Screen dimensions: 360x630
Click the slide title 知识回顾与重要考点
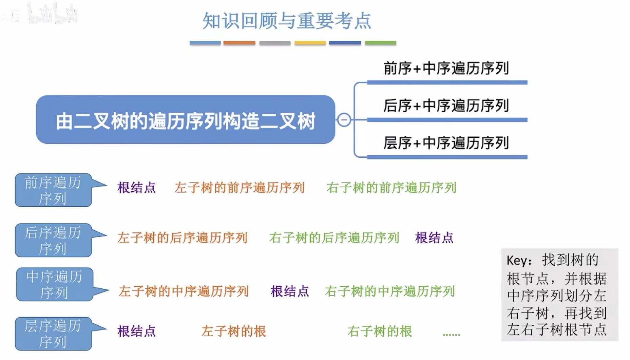[x=287, y=21]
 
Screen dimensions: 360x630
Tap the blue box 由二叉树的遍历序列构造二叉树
[x=185, y=120]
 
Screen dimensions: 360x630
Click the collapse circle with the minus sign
[x=344, y=120]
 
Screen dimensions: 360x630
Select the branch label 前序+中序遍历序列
[x=446, y=68]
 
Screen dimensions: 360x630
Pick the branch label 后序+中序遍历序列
[x=446, y=106]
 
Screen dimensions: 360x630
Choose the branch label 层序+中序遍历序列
[x=446, y=143]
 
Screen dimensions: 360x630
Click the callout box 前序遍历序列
[x=53, y=190]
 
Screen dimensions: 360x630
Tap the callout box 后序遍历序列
[x=53, y=240]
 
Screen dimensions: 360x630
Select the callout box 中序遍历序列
[x=54, y=284]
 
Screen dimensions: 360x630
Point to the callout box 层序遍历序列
[x=53, y=334]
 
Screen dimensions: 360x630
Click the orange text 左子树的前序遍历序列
[x=240, y=188]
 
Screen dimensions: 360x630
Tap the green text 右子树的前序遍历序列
[x=391, y=188]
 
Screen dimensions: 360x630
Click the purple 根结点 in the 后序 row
[x=434, y=238]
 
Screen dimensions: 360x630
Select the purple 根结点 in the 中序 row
[x=290, y=291]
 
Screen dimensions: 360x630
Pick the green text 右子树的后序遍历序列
[x=334, y=238]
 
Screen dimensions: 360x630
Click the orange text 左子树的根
[x=234, y=331]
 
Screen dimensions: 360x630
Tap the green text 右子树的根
[x=380, y=331]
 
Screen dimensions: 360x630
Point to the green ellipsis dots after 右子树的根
[x=451, y=335]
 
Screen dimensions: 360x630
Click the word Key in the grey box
[x=517, y=261]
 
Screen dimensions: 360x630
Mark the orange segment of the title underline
[x=239, y=43]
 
